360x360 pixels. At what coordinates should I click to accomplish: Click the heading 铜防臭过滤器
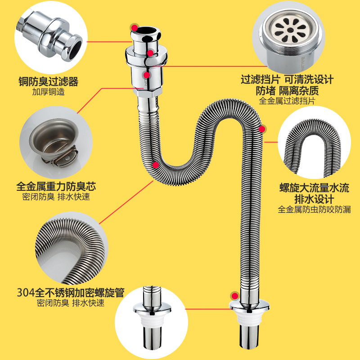48,81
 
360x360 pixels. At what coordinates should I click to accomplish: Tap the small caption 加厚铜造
48,92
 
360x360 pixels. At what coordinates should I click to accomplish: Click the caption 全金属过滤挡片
287,101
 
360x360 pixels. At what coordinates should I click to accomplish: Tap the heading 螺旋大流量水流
314,188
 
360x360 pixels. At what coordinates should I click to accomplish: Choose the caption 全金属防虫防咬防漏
314,209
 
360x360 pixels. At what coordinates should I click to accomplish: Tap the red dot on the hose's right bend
261,129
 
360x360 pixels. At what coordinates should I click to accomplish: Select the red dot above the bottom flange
234,296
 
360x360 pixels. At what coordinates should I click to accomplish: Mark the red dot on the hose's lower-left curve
155,165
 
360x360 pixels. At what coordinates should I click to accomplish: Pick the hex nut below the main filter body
147,96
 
